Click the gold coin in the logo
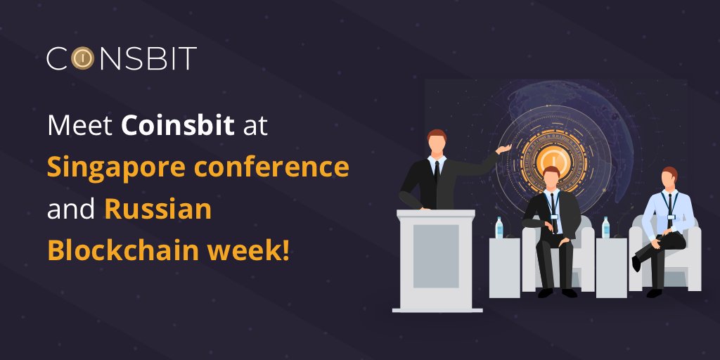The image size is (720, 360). pos(82,58)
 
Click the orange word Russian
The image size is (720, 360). pos(158,210)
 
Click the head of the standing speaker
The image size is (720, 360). pos(437,142)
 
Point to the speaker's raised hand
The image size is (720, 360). pos(504,149)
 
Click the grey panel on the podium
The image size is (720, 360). pos(436,256)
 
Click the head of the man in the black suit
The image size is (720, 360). pos(551,178)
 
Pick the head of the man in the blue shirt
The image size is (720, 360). pos(669,178)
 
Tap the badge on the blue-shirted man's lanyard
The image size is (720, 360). pos(671,217)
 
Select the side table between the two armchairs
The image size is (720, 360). pos(611,268)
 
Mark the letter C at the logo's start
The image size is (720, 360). pos(58,58)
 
